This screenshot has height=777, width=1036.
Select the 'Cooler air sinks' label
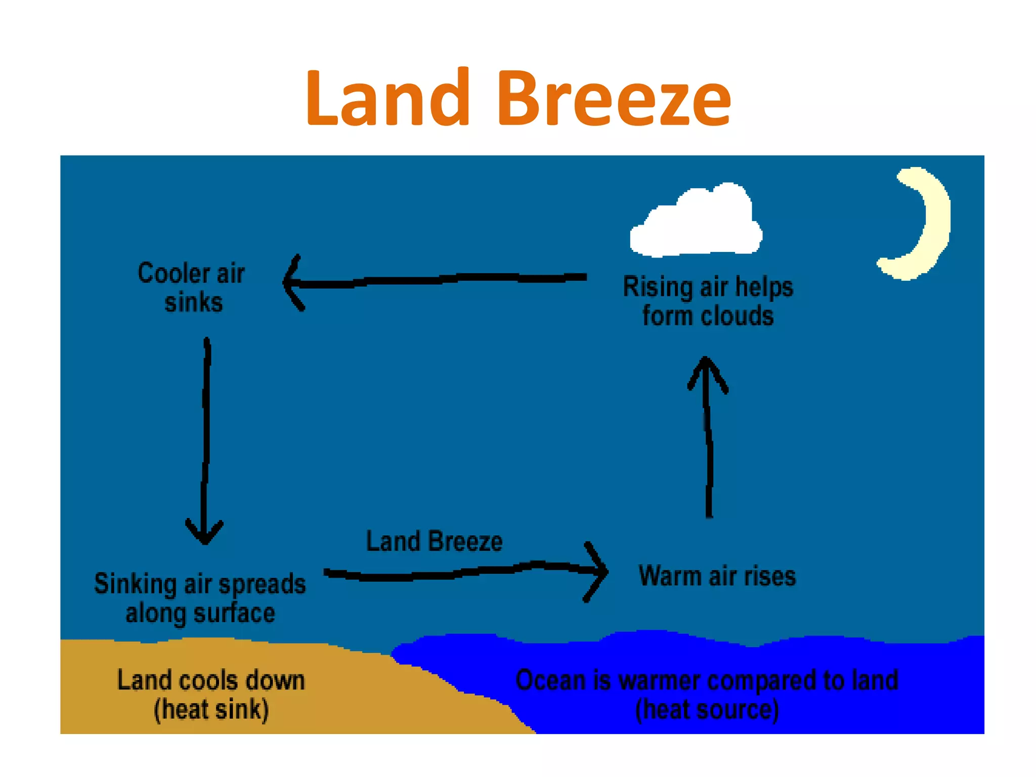[x=192, y=287]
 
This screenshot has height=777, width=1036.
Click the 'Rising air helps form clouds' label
[x=708, y=301]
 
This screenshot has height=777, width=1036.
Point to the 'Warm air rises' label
[x=717, y=576]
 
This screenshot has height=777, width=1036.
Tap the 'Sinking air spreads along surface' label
[x=200, y=598]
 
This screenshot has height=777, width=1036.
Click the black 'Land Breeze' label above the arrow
[x=434, y=541]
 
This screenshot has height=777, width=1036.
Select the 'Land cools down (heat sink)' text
[x=211, y=695]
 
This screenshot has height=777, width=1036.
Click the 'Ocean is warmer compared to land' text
[x=707, y=680]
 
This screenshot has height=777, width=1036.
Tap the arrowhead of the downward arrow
[x=204, y=534]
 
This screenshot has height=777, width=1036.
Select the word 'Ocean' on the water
[x=550, y=680]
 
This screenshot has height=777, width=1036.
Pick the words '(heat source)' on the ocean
[x=707, y=710]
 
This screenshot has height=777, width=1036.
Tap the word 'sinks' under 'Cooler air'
[x=193, y=303]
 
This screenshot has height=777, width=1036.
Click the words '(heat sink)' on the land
[x=211, y=710]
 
